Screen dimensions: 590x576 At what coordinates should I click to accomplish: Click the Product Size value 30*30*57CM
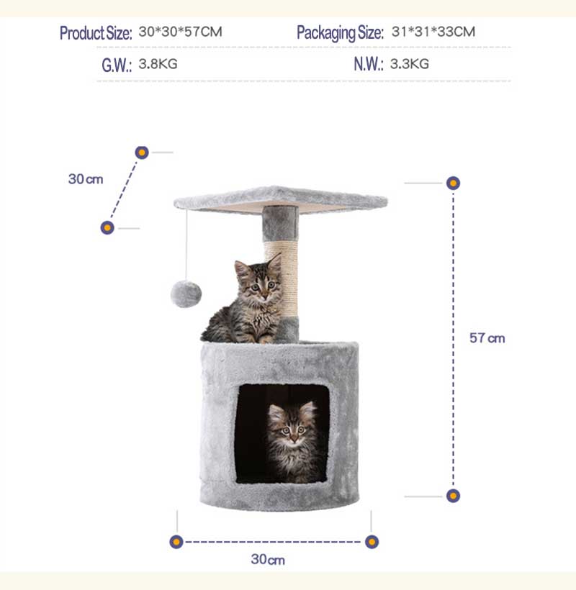pyautogui.click(x=180, y=32)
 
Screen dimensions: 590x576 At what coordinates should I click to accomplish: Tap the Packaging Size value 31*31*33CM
pyautogui.click(x=433, y=32)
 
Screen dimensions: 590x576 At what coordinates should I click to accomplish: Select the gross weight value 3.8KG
pyautogui.click(x=158, y=64)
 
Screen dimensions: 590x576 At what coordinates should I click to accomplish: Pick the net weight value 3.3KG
pyautogui.click(x=409, y=64)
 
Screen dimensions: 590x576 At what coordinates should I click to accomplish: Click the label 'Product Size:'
pyautogui.click(x=96, y=33)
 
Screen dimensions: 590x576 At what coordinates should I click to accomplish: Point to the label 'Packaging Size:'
pyautogui.click(x=340, y=33)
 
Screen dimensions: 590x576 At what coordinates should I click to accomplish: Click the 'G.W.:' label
pyautogui.click(x=117, y=65)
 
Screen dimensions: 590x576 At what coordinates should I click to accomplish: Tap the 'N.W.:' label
pyautogui.click(x=369, y=65)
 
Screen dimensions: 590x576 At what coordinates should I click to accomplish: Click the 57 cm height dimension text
pyautogui.click(x=487, y=338)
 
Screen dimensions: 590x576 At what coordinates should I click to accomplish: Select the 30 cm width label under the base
pyautogui.click(x=268, y=559)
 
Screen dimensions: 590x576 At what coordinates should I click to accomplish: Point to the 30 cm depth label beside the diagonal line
pyautogui.click(x=86, y=179)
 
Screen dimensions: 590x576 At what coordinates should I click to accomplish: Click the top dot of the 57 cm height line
pyautogui.click(x=453, y=183)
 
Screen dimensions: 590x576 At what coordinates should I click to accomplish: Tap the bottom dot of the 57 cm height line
pyautogui.click(x=453, y=496)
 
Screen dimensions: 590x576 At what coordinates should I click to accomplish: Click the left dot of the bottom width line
pyautogui.click(x=176, y=542)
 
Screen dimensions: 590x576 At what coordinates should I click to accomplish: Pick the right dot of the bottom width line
pyautogui.click(x=372, y=542)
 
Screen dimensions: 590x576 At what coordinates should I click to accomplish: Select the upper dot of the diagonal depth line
pyautogui.click(x=142, y=153)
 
